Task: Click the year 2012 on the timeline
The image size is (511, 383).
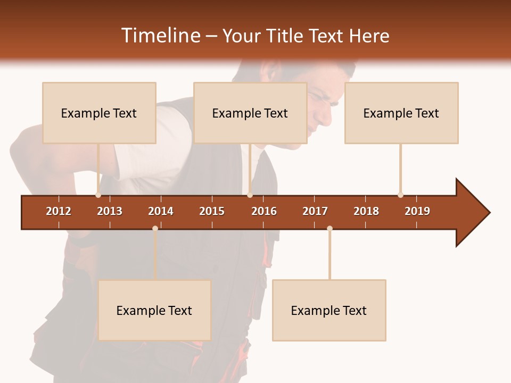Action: pos(59,211)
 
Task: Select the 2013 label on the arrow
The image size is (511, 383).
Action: pos(110,211)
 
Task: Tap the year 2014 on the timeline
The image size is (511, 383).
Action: pos(161,211)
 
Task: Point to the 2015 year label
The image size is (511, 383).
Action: pos(212,211)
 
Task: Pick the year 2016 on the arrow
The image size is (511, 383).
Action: pos(264,211)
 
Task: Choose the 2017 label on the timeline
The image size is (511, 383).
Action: pos(315,211)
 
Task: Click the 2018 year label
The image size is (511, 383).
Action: pos(366,211)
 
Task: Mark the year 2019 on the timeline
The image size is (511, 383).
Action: pos(417,211)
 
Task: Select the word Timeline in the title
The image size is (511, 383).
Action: pos(160,36)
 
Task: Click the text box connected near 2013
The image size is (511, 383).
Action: pos(99,113)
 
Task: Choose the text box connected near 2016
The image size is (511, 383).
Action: pos(250,113)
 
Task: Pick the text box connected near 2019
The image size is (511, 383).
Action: pos(401,113)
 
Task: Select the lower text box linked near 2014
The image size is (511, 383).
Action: pos(154,310)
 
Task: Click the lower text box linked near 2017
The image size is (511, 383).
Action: pos(329,310)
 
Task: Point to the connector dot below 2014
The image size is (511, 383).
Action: pos(155,228)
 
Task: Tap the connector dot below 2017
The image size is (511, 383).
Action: pos(329,228)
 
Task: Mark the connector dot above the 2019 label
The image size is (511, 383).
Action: pos(400,195)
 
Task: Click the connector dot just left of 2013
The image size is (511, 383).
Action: pos(98,195)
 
